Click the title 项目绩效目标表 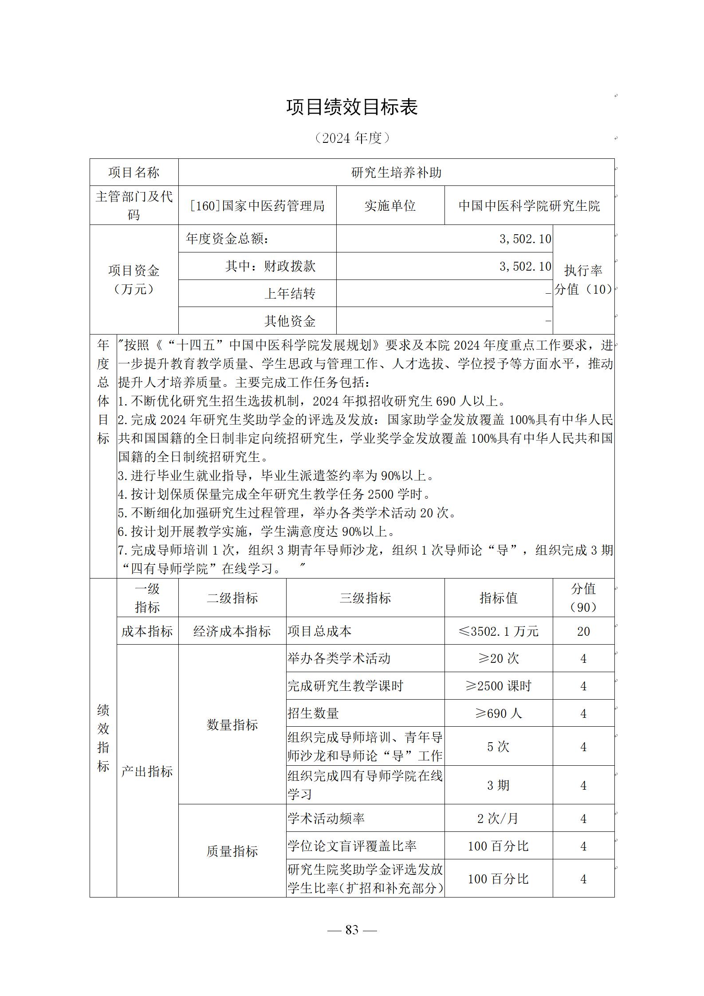point(352,107)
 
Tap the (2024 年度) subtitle point(352,138)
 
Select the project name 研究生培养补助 point(396,173)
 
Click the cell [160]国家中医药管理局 point(257,206)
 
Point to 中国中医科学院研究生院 point(529,206)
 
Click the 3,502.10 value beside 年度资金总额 point(525,239)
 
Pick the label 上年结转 point(290,294)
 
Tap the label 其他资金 point(290,321)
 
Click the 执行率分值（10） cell point(583,280)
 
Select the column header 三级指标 point(365,598)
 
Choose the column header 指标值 point(499,598)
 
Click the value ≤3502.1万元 point(499,631)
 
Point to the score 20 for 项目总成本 point(583,631)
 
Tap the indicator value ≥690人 point(499,713)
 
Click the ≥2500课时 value point(499,686)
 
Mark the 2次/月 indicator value point(499,819)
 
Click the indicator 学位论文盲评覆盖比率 point(352,846)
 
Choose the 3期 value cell point(499,785)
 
